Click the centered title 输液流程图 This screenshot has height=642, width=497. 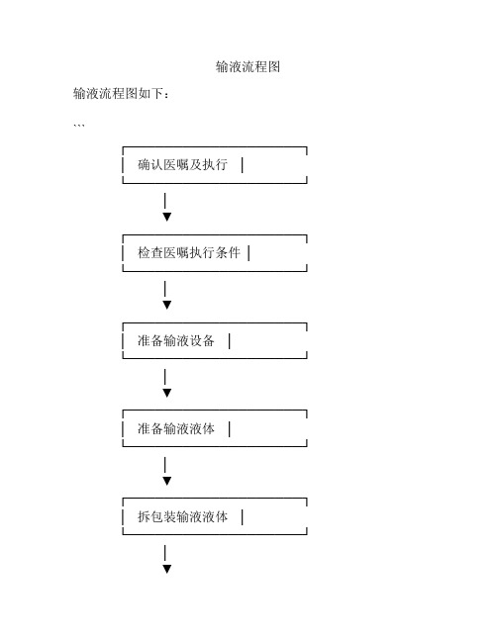click(248, 66)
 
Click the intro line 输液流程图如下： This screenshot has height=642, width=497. click(121, 94)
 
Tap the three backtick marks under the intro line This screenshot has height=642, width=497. click(79, 125)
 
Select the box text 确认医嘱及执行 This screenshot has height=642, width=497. click(183, 164)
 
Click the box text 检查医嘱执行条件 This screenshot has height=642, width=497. click(189, 252)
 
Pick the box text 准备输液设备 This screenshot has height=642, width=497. click(176, 340)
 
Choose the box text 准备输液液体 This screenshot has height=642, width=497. click(176, 428)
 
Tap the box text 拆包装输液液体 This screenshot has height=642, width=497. click(183, 516)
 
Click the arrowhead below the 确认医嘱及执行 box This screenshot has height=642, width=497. click(166, 217)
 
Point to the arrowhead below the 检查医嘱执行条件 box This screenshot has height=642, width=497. click(166, 305)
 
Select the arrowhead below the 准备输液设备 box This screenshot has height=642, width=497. click(166, 393)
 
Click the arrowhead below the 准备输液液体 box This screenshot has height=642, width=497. click(166, 481)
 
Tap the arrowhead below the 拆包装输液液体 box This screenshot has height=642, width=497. click(166, 569)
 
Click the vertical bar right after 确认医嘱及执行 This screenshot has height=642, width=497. click(243, 165)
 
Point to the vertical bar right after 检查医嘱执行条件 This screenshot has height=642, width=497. click(248, 253)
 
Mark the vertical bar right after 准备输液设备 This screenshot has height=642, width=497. click(229, 341)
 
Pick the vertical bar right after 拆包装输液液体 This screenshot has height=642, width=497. click(243, 517)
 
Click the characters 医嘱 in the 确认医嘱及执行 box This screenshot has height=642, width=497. click(176, 164)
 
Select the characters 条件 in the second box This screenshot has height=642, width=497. click(228, 252)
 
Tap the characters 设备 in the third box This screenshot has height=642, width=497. click(202, 340)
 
